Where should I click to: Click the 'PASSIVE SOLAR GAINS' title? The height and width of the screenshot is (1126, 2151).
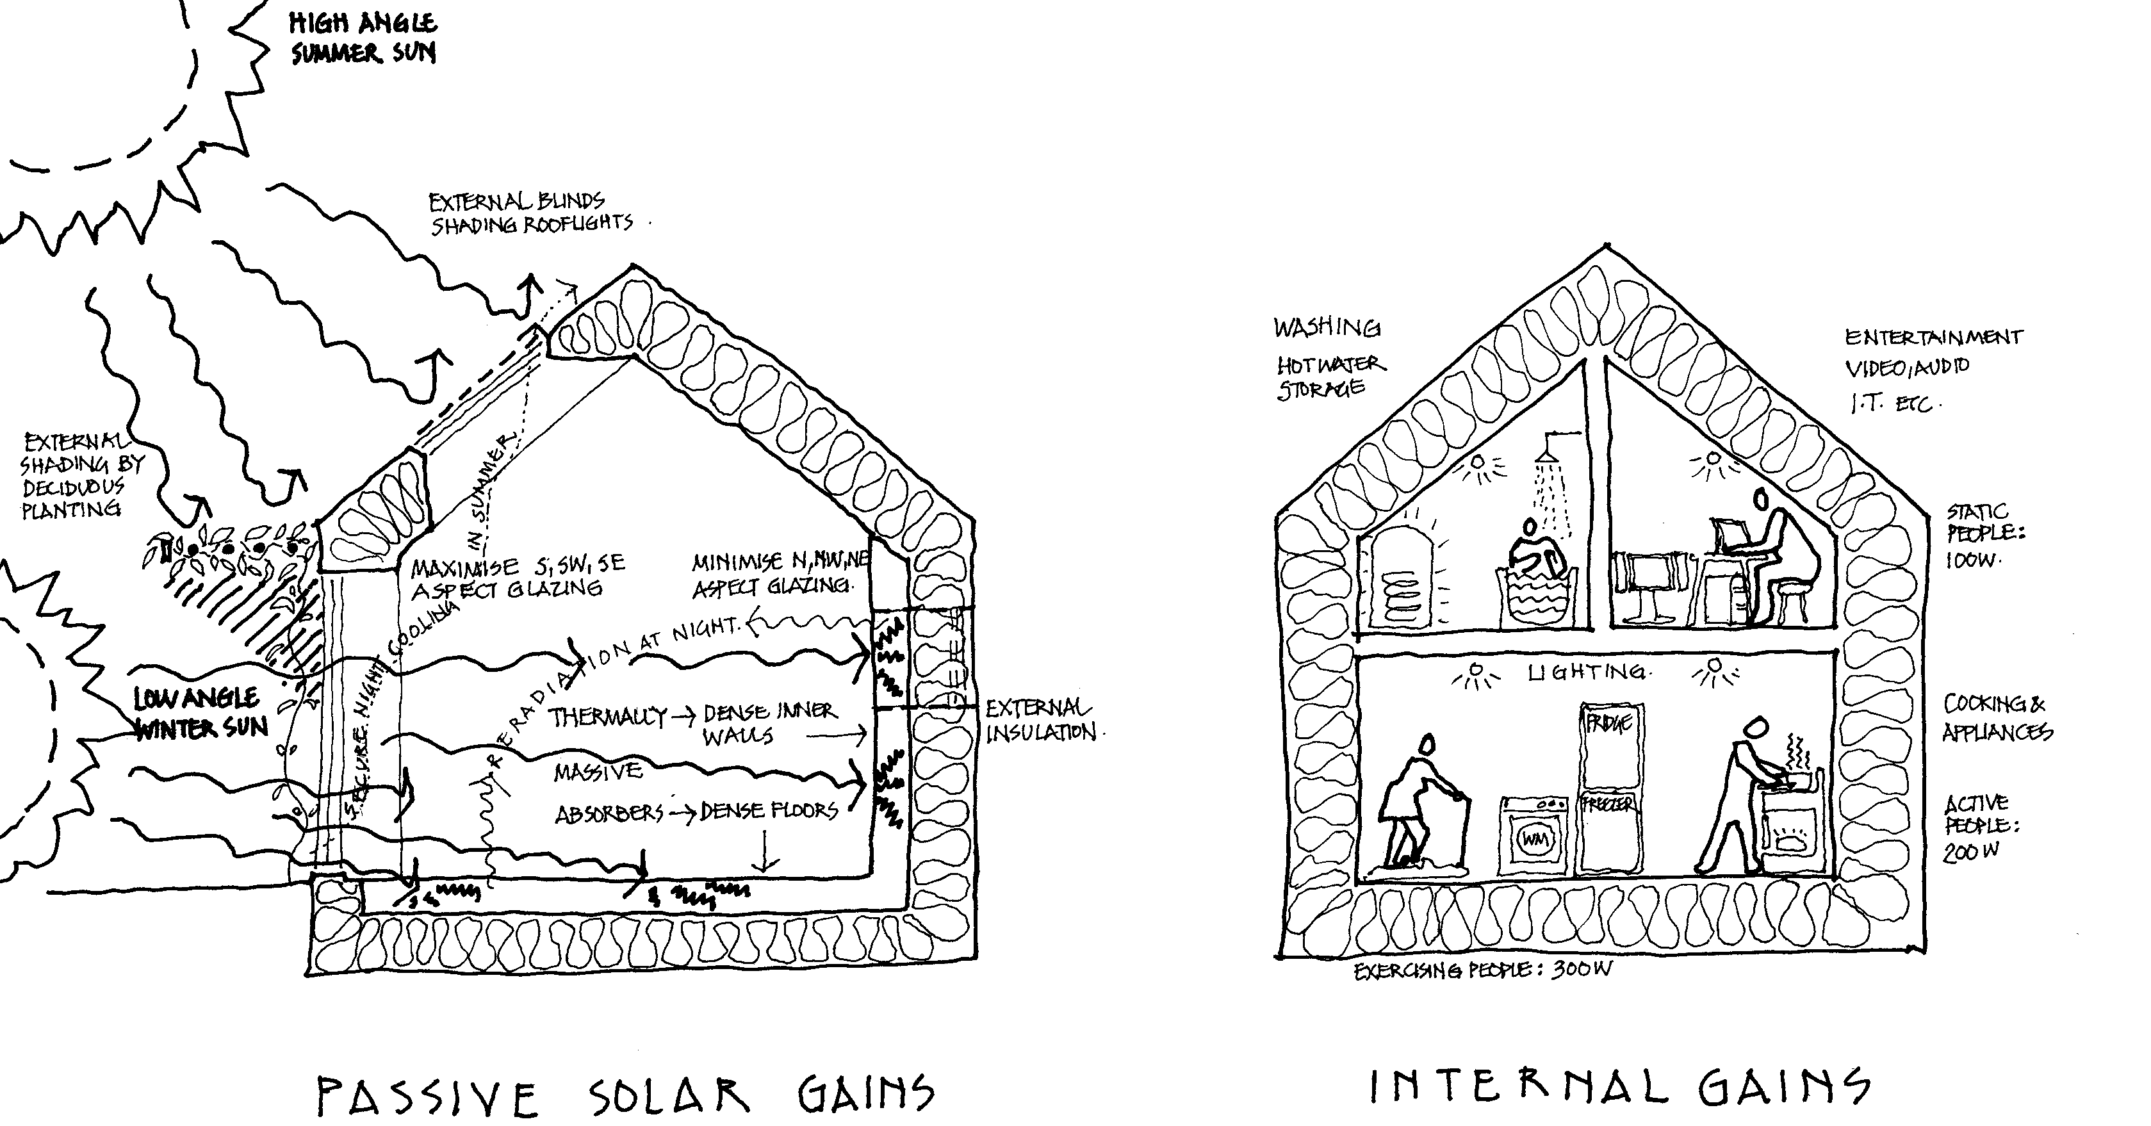pyautogui.click(x=625, y=1096)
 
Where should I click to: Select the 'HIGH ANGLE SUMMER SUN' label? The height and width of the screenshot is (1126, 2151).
pyautogui.click(x=363, y=38)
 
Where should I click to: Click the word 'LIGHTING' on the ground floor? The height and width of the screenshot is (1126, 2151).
pyautogui.click(x=1587, y=672)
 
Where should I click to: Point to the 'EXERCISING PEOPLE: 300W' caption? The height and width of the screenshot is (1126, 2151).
pyautogui.click(x=1482, y=970)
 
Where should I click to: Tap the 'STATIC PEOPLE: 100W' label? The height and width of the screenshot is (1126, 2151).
pyautogui.click(x=1986, y=535)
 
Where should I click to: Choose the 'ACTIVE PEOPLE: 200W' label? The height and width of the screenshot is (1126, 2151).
pyautogui.click(x=1981, y=826)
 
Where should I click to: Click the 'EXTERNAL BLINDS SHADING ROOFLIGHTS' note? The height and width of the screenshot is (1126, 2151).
pyautogui.click(x=530, y=213)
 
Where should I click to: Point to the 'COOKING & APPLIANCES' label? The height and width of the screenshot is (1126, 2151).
pyautogui.click(x=1996, y=718)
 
